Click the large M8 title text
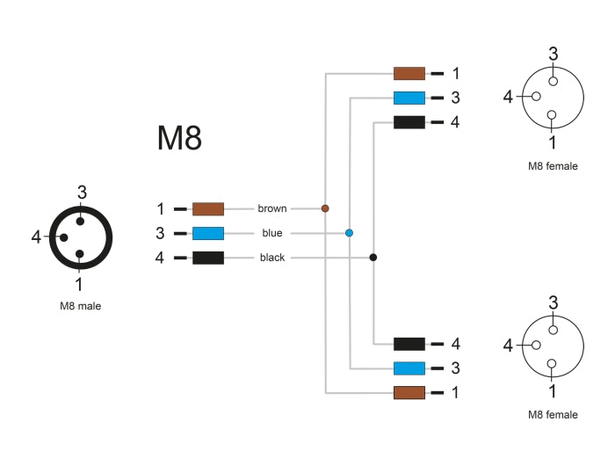179,138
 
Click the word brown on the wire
272,209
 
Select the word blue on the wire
272,233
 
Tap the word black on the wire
272,258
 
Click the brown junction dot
325,208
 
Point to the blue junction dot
349,233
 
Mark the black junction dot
373,258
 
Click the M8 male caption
79,307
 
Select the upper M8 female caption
553,165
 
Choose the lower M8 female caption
553,415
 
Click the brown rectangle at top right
409,74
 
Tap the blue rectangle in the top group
409,98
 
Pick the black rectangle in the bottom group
409,344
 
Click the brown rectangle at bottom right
409,392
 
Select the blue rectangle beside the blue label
208,233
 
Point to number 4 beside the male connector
36,237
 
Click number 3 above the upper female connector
553,54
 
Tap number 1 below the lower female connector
553,391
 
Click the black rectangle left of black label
208,258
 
